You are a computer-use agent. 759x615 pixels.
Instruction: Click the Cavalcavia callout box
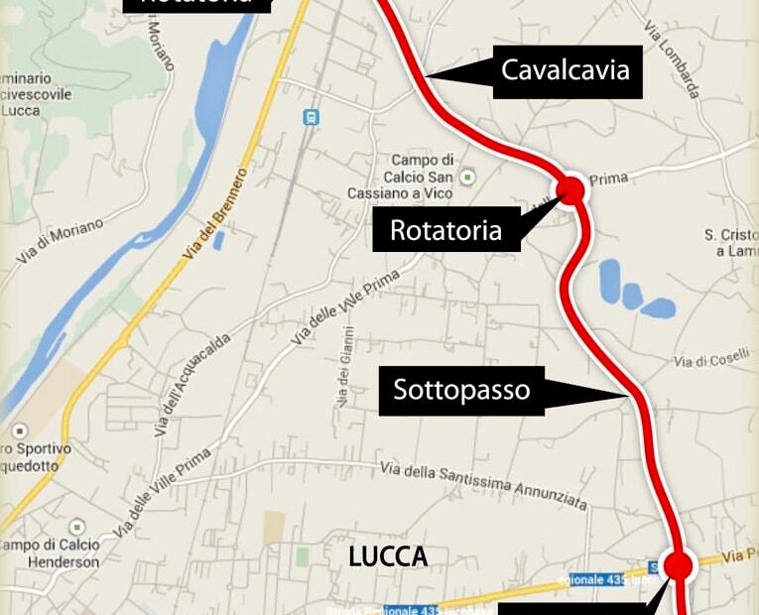565,70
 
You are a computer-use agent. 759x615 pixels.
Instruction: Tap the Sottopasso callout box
461,390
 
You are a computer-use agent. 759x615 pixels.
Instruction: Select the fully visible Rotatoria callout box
445,231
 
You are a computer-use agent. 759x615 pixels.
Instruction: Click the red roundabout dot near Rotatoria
570,189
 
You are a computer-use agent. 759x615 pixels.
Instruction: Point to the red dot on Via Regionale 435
678,565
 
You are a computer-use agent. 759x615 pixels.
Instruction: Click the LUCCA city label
388,557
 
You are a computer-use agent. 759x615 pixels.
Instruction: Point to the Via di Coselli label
711,362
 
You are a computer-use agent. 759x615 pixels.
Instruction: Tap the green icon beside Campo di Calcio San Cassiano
467,177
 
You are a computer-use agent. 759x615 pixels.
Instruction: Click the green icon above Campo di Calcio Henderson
76,527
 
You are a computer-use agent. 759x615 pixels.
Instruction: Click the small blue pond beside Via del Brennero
218,240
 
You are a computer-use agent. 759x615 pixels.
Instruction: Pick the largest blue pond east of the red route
609,277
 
